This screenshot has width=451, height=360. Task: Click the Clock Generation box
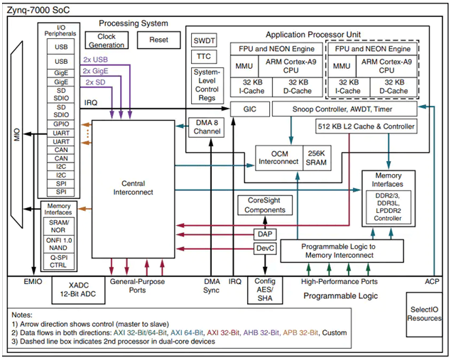105,41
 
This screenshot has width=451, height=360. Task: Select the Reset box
159,41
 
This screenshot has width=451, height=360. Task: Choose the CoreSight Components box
263,205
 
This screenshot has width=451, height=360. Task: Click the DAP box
263,233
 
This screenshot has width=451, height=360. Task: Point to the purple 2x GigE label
97,70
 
